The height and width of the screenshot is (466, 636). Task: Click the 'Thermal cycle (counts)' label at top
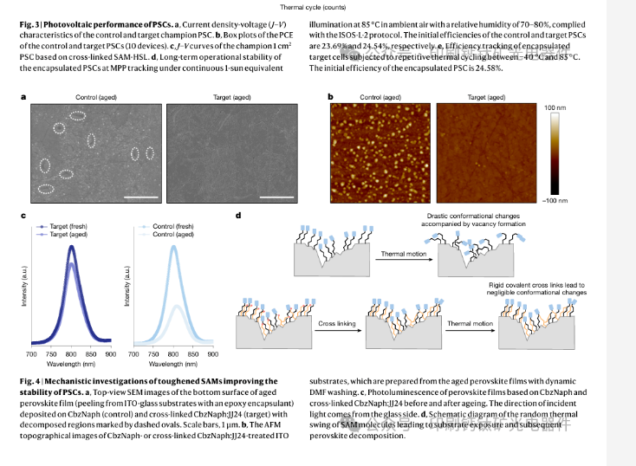pyautogui.click(x=318, y=6)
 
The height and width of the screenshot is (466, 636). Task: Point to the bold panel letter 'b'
pyautogui.click(x=330, y=97)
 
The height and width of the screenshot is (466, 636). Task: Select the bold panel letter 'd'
pyautogui.click(x=238, y=216)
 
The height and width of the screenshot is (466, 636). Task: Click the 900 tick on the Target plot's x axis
pyautogui.click(x=110, y=355)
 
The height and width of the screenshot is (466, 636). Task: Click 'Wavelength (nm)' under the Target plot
pyautogui.click(x=71, y=366)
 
